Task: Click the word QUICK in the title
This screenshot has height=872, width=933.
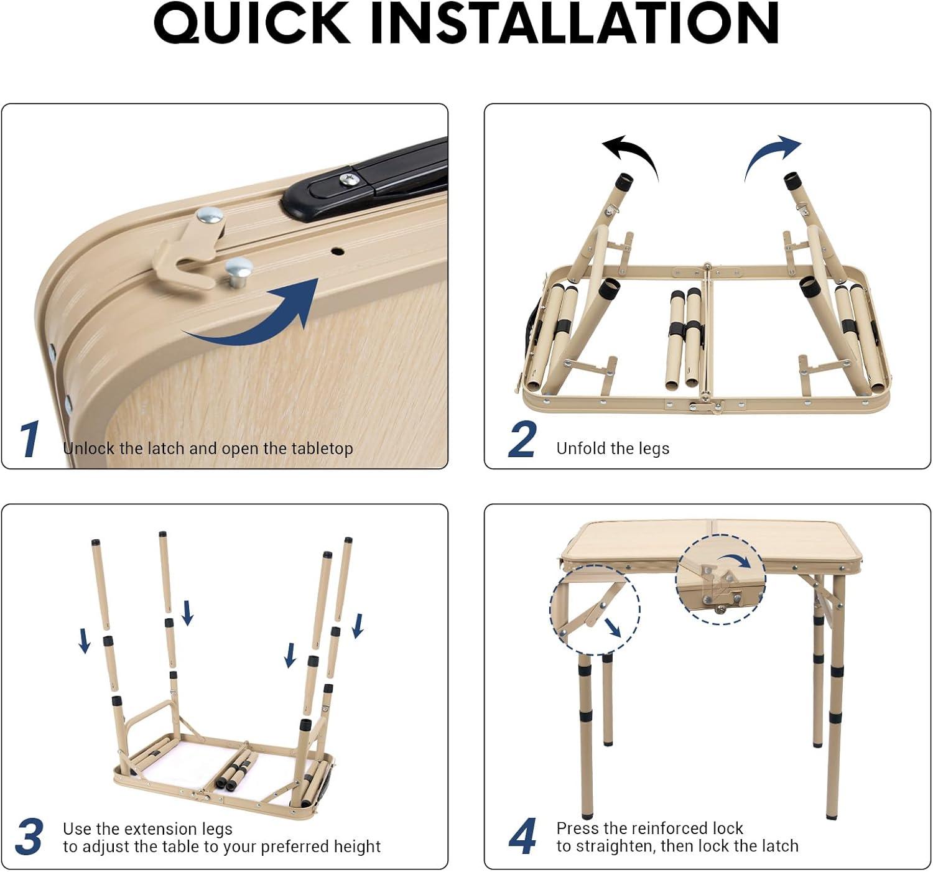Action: click(251, 24)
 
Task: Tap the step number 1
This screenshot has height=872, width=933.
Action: click(30, 439)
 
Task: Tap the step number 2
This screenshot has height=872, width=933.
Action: click(522, 439)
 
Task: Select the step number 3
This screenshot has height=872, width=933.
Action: click(29, 837)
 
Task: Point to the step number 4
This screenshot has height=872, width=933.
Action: click(522, 837)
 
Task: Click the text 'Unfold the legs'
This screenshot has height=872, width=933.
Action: click(613, 448)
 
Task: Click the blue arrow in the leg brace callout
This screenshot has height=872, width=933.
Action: click(612, 628)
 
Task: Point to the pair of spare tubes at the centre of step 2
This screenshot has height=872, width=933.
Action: click(684, 339)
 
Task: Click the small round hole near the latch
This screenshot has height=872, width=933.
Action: click(337, 251)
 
